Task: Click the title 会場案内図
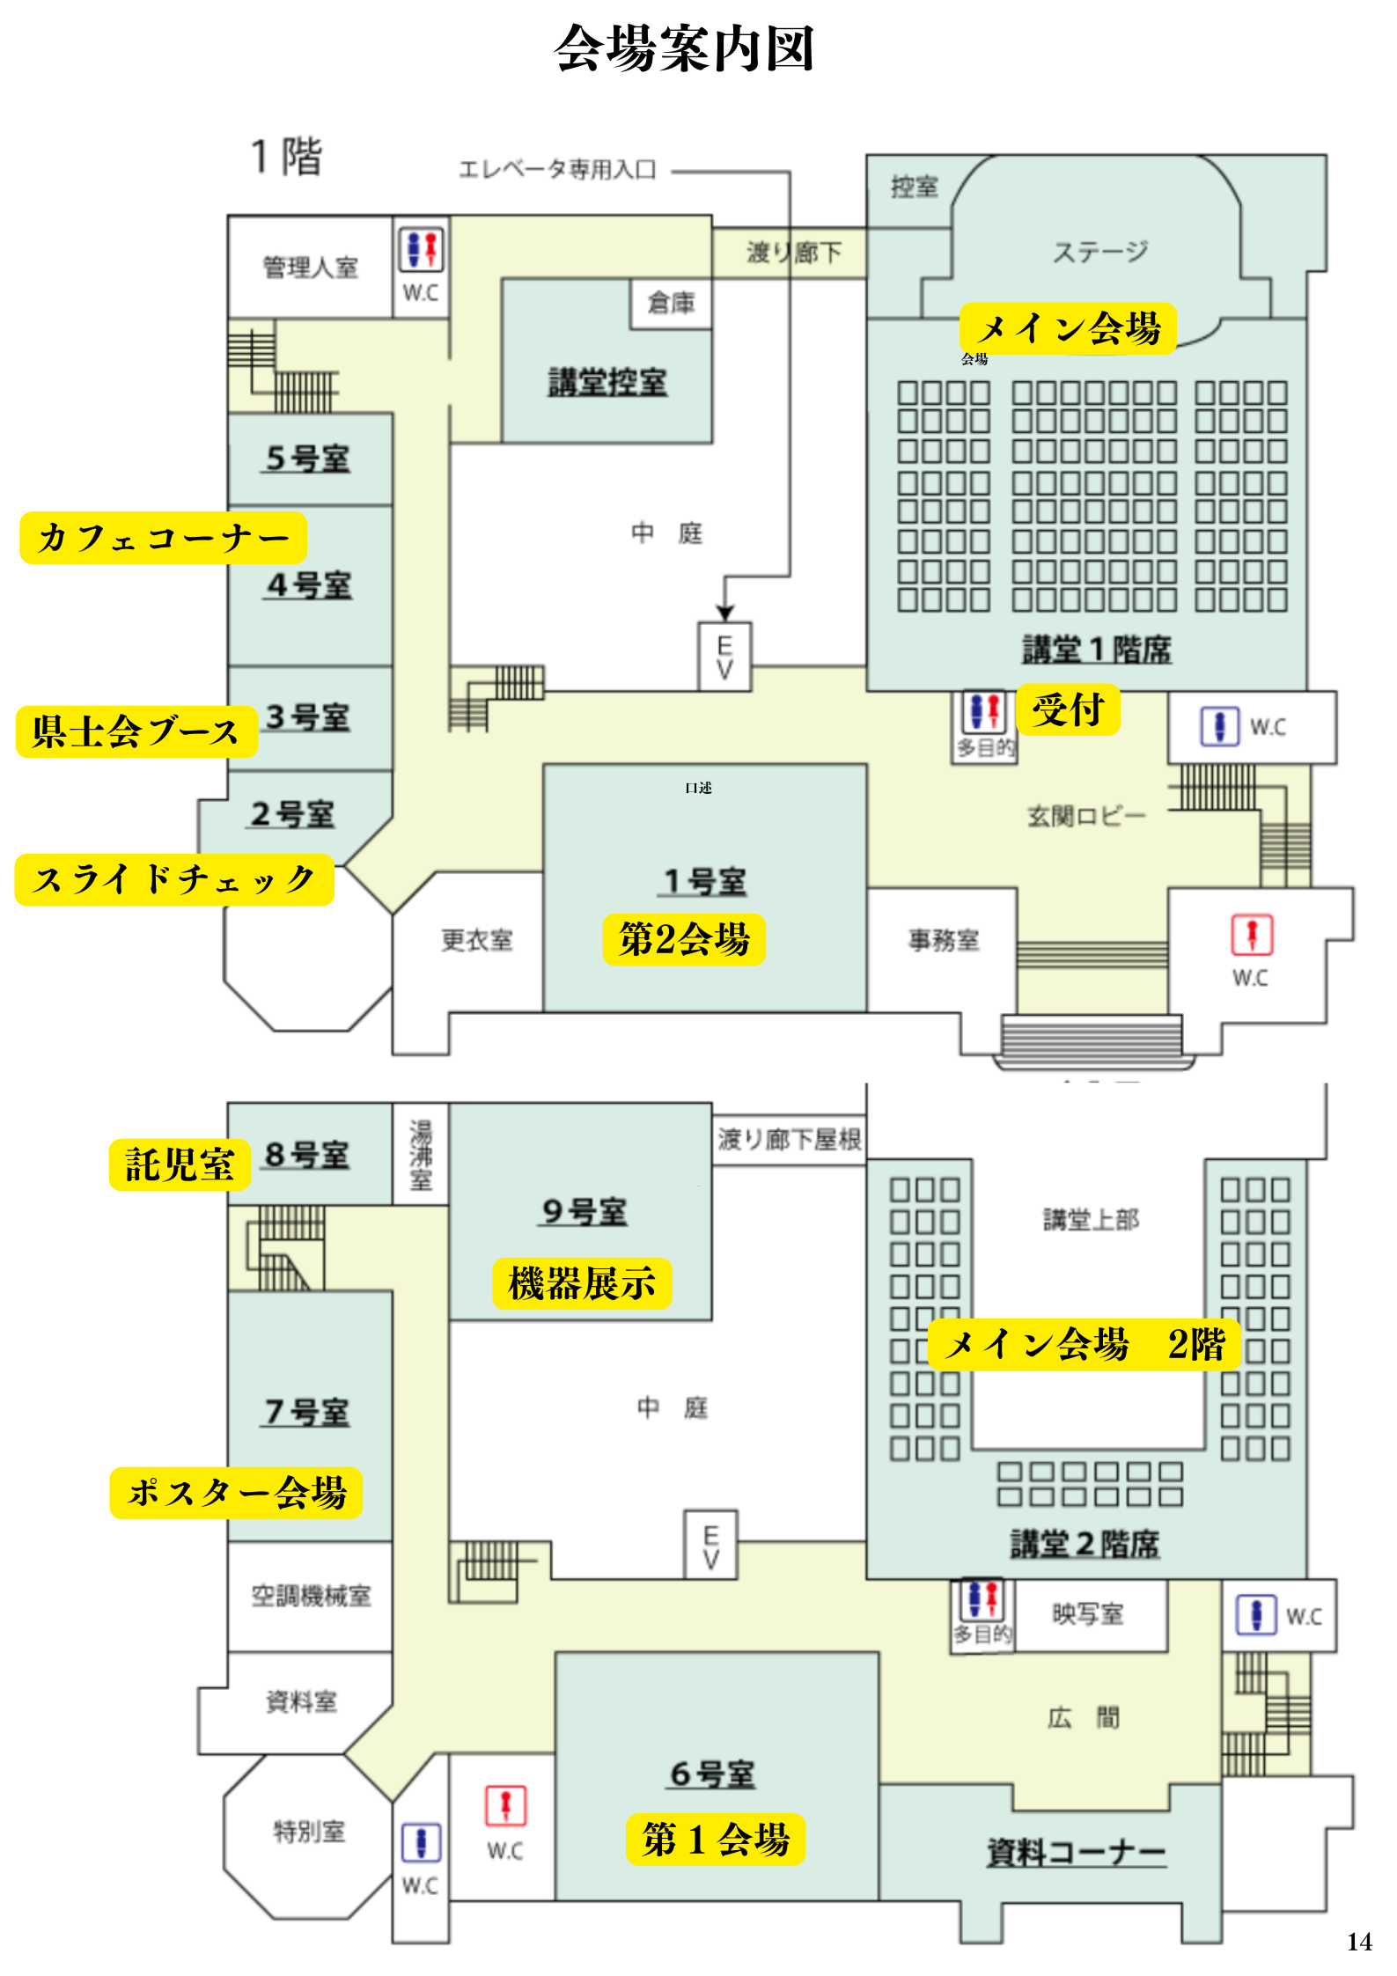[x=684, y=48]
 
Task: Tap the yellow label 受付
[x=1068, y=709]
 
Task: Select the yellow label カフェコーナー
[x=163, y=538]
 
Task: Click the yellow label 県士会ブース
[x=136, y=731]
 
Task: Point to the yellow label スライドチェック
[x=174, y=879]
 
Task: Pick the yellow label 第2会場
[x=684, y=939]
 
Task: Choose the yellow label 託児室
[x=180, y=1164]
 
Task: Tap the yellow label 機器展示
[x=582, y=1283]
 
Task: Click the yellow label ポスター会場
[x=236, y=1493]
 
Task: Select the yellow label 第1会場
[x=716, y=1839]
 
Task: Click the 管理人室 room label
[x=310, y=268]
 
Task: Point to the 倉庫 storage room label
[x=671, y=303]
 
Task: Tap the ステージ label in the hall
[x=1100, y=253]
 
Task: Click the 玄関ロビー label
[x=1086, y=816]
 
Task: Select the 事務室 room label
[x=944, y=940]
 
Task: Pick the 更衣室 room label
[x=476, y=940]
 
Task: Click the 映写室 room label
[x=1088, y=1613]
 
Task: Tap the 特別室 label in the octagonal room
[x=309, y=1832]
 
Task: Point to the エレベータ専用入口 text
[x=557, y=170]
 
